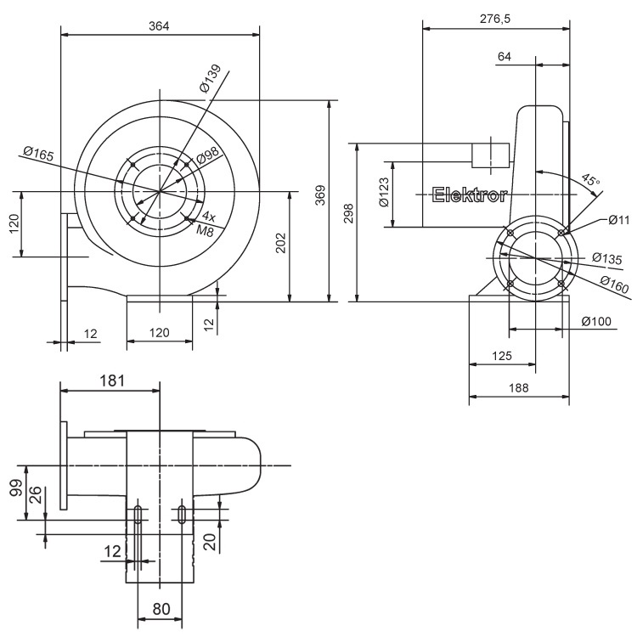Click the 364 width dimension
click(159, 26)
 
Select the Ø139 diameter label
click(210, 78)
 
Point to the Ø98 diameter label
click(207, 155)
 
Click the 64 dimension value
click(505, 57)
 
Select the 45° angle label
click(590, 181)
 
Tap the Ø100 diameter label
click(598, 321)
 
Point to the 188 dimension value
click(519, 387)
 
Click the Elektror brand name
click(470, 195)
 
